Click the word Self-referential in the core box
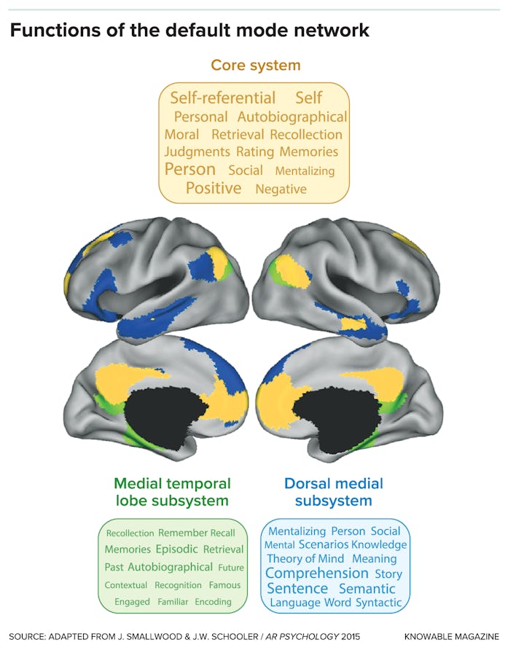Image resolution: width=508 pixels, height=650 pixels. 222,98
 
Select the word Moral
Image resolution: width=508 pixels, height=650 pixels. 181,135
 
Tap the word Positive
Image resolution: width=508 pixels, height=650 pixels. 213,188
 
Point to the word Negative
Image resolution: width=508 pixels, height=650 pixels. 281,189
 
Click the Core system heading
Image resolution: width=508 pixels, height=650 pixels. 255,65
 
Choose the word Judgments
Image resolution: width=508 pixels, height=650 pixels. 197,152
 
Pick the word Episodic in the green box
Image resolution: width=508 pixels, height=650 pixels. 176,549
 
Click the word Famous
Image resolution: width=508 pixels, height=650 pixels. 224,584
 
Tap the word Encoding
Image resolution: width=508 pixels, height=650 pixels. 213,602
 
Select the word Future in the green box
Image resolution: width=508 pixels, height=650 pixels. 231,568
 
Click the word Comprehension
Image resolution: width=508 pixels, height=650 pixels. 317,573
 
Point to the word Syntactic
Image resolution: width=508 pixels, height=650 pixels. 378,603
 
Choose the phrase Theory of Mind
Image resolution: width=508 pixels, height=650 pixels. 305,559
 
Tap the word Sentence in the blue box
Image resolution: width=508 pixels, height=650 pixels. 297,589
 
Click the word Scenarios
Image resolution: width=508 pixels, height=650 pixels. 323,544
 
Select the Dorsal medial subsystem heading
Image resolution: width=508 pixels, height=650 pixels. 334,492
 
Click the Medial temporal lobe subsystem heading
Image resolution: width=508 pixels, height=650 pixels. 171,492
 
